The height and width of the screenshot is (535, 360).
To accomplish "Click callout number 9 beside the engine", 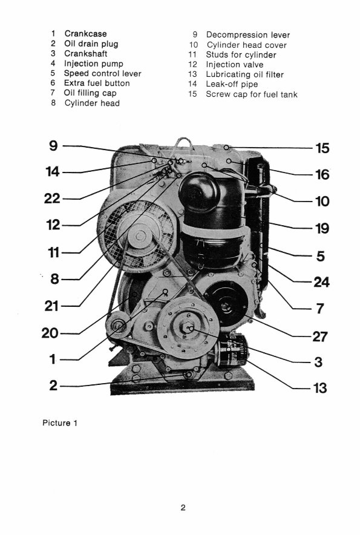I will click(x=53, y=146).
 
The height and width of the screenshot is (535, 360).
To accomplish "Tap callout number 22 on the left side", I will click(x=53, y=199).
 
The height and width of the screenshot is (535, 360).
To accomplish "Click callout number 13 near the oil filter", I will click(x=319, y=387).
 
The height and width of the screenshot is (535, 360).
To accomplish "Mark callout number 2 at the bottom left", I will click(x=53, y=385).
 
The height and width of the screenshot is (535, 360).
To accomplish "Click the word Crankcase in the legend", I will click(x=85, y=34).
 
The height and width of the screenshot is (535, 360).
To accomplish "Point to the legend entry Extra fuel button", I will click(x=95, y=84).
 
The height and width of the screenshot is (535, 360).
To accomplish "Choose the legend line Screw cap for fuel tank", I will click(x=252, y=94).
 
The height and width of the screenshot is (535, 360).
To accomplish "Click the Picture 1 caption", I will click(x=60, y=422).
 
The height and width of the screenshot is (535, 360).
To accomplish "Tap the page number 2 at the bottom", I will click(x=182, y=508).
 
